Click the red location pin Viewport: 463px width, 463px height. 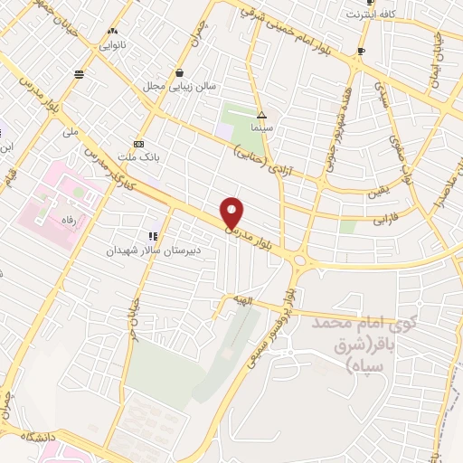click(232, 212)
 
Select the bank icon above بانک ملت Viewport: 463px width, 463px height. click(138, 144)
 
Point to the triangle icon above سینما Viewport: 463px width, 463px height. click(261, 116)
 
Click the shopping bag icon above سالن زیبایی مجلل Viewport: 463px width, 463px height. click(181, 73)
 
